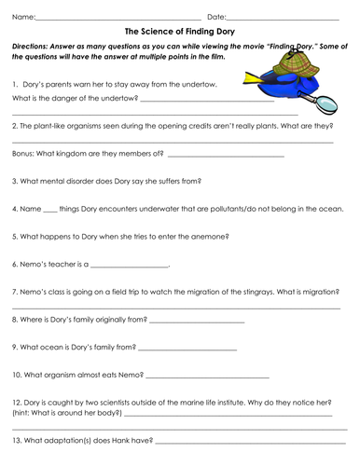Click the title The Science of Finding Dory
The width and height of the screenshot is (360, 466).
pyautogui.click(x=179, y=32)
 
